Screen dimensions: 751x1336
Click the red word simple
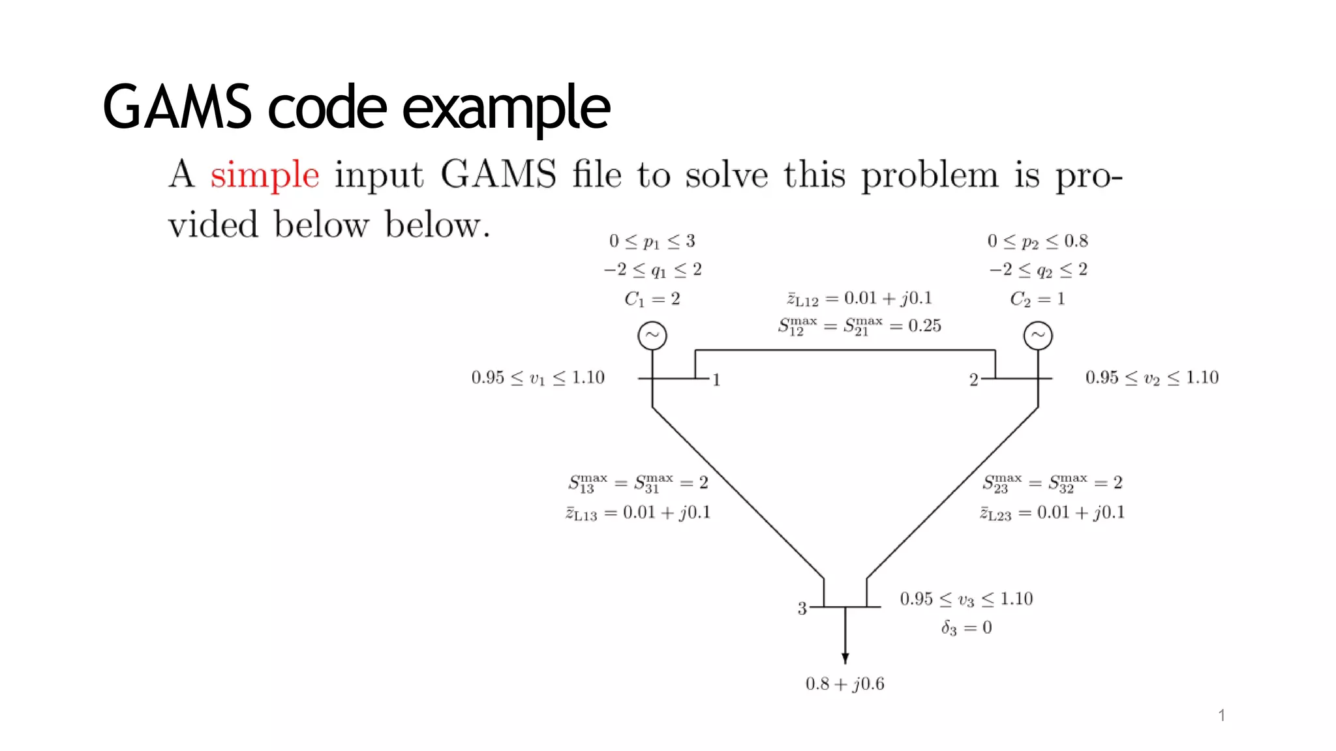pyautogui.click(x=264, y=175)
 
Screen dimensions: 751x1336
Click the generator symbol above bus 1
pyautogui.click(x=652, y=336)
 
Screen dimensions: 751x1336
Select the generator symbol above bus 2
pyautogui.click(x=1037, y=336)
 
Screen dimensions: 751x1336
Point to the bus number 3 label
pyautogui.click(x=802, y=608)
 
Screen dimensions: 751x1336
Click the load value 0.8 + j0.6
pyautogui.click(x=845, y=684)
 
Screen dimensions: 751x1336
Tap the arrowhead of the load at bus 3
pyautogui.click(x=845, y=658)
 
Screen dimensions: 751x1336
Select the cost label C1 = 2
pyautogui.click(x=652, y=299)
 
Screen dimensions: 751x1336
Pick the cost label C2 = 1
pyautogui.click(x=1037, y=299)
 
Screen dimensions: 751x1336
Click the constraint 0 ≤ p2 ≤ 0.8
pyautogui.click(x=1037, y=241)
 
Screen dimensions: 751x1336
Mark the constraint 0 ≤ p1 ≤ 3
pyautogui.click(x=652, y=241)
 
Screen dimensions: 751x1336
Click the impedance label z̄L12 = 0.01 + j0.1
pyautogui.click(x=859, y=299)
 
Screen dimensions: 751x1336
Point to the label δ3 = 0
pyautogui.click(x=966, y=628)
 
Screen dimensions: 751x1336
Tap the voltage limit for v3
pyautogui.click(x=966, y=599)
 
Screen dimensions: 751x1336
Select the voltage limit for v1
pyautogui.click(x=538, y=378)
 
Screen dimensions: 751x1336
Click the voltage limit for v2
pyautogui.click(x=1151, y=378)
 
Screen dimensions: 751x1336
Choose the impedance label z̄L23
pyautogui.click(x=1052, y=513)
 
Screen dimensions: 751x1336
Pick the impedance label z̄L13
pyautogui.click(x=637, y=513)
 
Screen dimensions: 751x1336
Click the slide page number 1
pyautogui.click(x=1221, y=716)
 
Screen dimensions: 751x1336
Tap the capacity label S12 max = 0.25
pyautogui.click(x=859, y=326)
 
